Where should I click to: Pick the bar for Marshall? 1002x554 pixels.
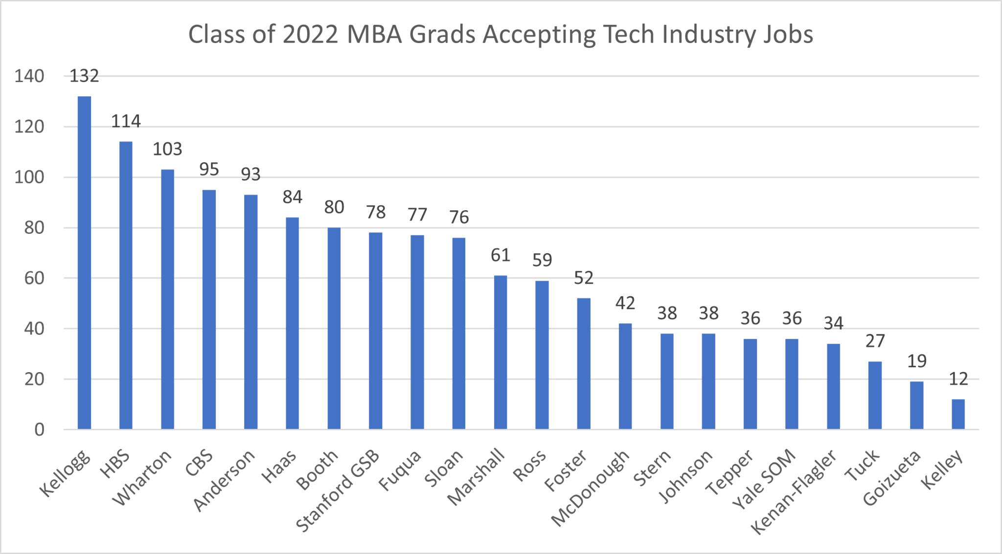[x=500, y=352]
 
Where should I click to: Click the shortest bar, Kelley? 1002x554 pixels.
[x=958, y=414]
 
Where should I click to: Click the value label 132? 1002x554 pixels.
[x=84, y=76]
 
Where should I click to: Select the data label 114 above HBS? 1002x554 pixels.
[x=126, y=121]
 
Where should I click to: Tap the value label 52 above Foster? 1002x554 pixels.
[x=583, y=278]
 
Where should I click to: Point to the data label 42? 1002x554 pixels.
[x=625, y=303]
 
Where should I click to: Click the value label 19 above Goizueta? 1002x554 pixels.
[x=916, y=361]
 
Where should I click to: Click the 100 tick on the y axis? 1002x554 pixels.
[x=29, y=177]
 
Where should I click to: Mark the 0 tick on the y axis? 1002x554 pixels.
[x=39, y=430]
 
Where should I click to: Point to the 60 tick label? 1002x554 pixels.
[x=34, y=278]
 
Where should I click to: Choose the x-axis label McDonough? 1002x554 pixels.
[x=591, y=488]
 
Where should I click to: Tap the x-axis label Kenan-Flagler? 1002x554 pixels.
[x=794, y=492]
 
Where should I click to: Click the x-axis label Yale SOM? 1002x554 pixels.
[x=764, y=480]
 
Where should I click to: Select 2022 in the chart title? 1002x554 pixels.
[x=310, y=34]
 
